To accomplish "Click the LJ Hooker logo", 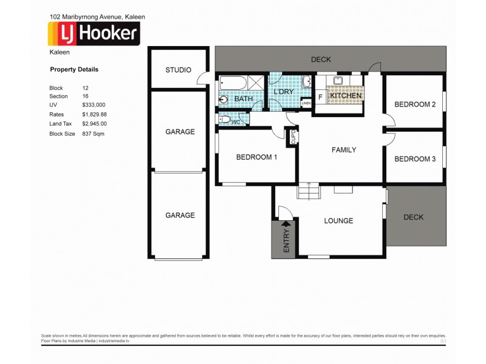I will [x=94, y=34].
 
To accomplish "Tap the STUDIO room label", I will [x=179, y=70].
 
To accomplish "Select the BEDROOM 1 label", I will [x=256, y=157].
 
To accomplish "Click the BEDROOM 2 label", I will [x=415, y=104].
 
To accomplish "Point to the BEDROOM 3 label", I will [x=415, y=159].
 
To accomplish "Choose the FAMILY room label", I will [x=343, y=150].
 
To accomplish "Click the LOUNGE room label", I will [x=338, y=221].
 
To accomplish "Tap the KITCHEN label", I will [x=346, y=96].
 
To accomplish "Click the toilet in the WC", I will [x=225, y=121].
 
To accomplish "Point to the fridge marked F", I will [x=320, y=96].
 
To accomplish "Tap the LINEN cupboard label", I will [x=306, y=103].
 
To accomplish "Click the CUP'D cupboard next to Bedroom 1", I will [x=292, y=138].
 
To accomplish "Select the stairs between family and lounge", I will [x=308, y=192].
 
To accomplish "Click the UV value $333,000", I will [x=94, y=105].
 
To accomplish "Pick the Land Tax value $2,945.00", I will [x=94, y=124].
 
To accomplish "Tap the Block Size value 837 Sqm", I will [x=93, y=133].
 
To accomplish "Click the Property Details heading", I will [x=74, y=70].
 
